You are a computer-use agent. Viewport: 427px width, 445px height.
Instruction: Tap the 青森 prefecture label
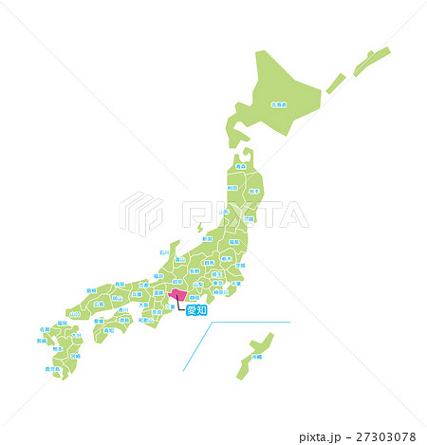[242, 166]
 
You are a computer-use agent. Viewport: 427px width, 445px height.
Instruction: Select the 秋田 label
[232, 189]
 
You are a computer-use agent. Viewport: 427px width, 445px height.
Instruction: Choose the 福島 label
[234, 242]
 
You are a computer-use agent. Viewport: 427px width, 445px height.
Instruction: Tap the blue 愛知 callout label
[195, 309]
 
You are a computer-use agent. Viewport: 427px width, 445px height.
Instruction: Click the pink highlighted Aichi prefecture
[176, 296]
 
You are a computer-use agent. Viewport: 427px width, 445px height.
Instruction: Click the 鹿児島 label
[51, 368]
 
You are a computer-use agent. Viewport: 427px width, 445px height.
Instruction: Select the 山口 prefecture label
[75, 314]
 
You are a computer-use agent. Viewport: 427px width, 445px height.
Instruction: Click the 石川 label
[165, 253]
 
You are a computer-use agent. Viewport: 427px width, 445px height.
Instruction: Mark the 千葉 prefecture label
[235, 283]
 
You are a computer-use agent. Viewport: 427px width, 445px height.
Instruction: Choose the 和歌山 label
[144, 321]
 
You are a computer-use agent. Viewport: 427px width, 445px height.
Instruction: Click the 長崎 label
[43, 340]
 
